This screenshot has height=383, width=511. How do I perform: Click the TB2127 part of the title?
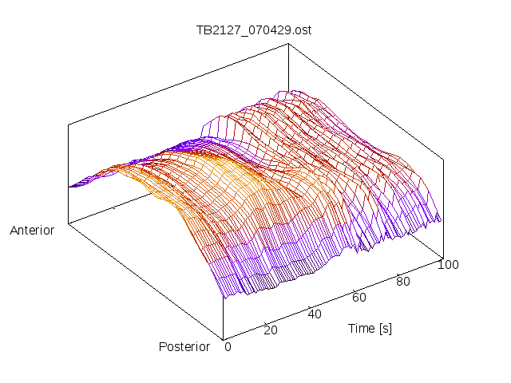click(215, 31)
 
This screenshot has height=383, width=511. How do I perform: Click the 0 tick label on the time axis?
click(228, 346)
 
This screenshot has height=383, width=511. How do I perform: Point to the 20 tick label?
click(270, 330)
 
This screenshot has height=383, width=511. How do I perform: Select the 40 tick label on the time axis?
click(315, 314)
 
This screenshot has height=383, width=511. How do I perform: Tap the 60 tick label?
click(359, 297)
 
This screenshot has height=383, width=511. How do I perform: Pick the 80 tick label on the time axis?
click(403, 281)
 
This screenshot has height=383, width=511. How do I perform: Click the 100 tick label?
click(448, 265)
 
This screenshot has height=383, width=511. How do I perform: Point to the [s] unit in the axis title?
click(386, 328)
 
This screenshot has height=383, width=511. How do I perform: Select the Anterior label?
click(32, 231)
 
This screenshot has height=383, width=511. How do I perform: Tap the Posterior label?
click(184, 346)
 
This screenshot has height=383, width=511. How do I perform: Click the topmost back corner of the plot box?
click(288, 44)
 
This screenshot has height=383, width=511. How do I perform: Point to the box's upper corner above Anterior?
click(69, 124)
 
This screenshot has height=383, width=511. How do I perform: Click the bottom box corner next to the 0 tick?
click(224, 338)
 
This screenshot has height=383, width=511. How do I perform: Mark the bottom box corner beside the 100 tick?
click(442, 257)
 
